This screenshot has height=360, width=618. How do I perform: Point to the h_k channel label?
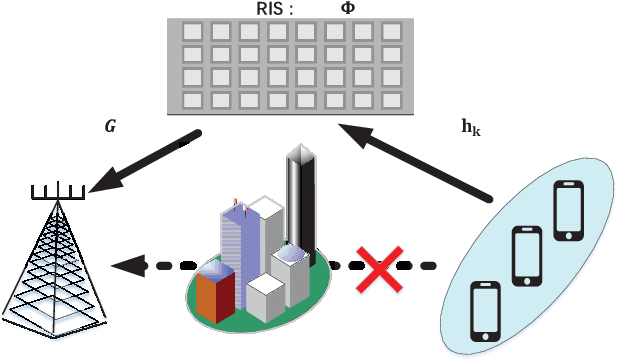click(471, 127)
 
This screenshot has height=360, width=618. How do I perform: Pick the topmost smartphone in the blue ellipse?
click(568, 211)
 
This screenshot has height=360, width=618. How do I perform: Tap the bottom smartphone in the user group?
click(485, 310)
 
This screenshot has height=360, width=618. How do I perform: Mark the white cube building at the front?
click(265, 297)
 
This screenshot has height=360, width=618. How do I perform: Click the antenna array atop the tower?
click(56, 191)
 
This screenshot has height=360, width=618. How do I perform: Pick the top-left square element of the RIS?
click(192, 31)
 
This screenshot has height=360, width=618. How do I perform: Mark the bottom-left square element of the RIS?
click(192, 101)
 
